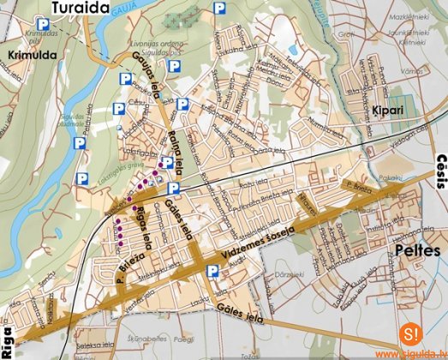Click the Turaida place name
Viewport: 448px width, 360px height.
click(81, 9)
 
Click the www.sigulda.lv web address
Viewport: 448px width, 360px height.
click(409, 352)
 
